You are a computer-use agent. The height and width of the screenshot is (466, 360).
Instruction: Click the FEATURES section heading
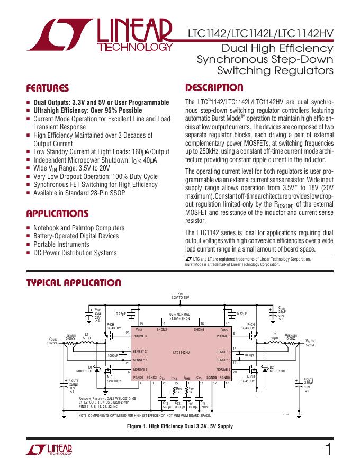pyautogui.click(x=48, y=88)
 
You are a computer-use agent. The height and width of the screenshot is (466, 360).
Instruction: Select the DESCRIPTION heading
pyautogui.click(x=214, y=88)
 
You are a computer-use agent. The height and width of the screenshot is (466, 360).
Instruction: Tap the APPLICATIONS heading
pyautogui.click(x=57, y=214)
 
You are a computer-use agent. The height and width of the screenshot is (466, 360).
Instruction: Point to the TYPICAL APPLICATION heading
pyautogui.click(x=74, y=283)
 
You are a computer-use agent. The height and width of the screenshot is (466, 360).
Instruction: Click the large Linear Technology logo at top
pyautogui.click(x=100, y=37)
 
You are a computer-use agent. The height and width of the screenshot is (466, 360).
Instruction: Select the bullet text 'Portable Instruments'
pyautogui.click(x=61, y=245)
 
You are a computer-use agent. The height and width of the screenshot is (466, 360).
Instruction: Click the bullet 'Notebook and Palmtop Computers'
pyautogui.click(x=79, y=228)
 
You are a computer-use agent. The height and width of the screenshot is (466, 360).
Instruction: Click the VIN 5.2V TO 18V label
pyautogui.click(x=180, y=296)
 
